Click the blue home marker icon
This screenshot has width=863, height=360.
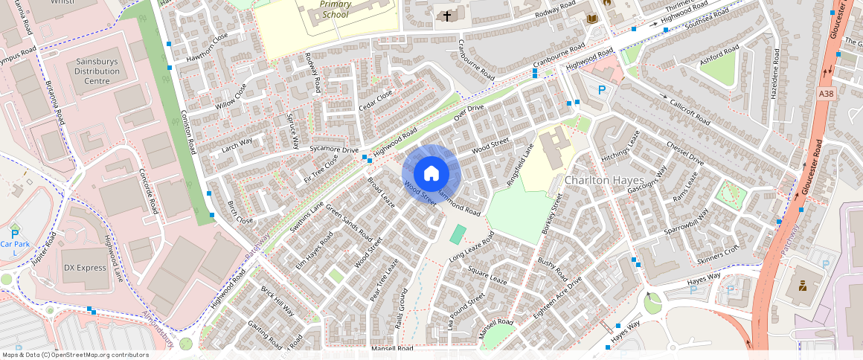click(x=431, y=174)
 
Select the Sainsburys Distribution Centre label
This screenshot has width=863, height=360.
click(x=97, y=71)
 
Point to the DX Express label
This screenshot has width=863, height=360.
click(x=85, y=268)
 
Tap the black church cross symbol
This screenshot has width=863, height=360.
click(x=447, y=16)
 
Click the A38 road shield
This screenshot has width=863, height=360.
click(x=827, y=94)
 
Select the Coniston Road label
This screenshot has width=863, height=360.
click(x=187, y=131)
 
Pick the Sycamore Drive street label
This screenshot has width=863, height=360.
click(x=334, y=150)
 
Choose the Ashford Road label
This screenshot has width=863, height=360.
click(x=719, y=58)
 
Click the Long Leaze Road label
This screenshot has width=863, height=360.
click(x=472, y=248)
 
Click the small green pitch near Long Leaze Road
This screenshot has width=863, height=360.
click(x=458, y=234)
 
